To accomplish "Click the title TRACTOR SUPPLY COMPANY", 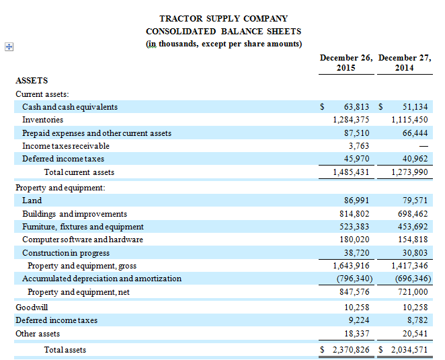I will pos(223,19).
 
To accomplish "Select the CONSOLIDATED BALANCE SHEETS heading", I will pos(223,32).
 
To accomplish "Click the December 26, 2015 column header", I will pos(346,63).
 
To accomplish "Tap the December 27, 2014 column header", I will pos(405,63).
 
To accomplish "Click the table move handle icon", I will pos(9,46).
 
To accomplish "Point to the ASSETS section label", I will pos(32,81).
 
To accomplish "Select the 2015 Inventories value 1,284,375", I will pos(351,120).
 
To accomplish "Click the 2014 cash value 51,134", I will pos(415,107).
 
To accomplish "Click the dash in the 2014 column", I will pos(423,146).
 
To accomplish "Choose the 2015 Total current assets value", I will pos(351,172).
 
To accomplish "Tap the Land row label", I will pos(32,201).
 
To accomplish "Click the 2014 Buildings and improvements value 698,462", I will pos(412,214).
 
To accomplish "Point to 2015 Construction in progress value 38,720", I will pos(356,253).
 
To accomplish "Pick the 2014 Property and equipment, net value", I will pos(412,292).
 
